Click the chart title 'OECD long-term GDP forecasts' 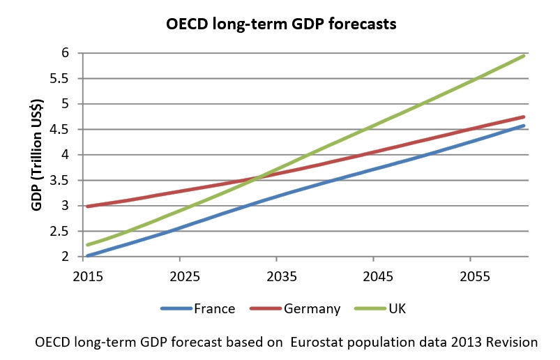[x=281, y=24]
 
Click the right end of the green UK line [x=524, y=56]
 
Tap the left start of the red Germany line [x=88, y=207]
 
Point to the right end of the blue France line [x=524, y=126]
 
